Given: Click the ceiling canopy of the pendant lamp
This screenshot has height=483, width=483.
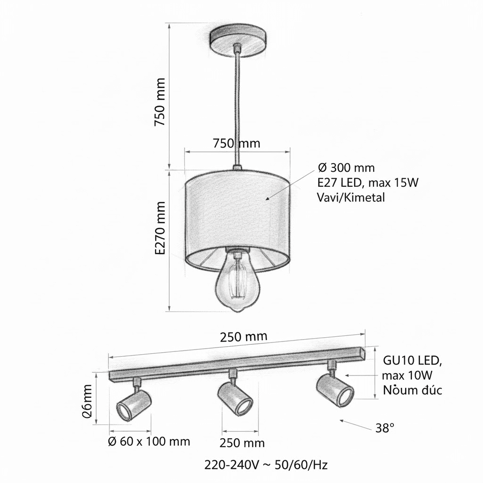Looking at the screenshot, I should click(x=239, y=42).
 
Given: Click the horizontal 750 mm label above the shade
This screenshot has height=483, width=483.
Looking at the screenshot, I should click(x=236, y=143).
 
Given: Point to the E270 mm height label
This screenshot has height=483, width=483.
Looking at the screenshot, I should click(x=161, y=228).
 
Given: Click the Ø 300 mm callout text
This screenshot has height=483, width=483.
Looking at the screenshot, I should click(x=346, y=167).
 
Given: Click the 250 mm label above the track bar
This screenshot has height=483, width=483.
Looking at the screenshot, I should click(x=243, y=337).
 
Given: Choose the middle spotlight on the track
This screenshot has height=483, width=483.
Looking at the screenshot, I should click(x=235, y=398).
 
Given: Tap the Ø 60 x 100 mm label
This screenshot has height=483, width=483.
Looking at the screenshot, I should click(x=149, y=441).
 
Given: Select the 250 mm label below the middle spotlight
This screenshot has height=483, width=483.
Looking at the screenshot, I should click(x=242, y=443).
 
